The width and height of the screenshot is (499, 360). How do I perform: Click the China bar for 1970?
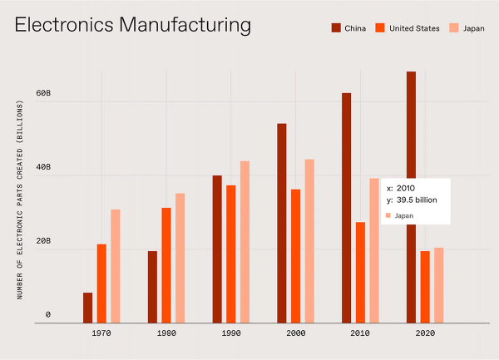pos(87,307)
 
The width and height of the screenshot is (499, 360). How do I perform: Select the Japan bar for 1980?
pos(180,257)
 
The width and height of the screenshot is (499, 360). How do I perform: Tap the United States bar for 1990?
pos(230,253)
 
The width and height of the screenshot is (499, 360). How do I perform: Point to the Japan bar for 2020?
pos(438,284)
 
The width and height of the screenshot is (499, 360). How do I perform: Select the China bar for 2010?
pos(346,207)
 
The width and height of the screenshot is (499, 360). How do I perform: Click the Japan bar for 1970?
pos(116,265)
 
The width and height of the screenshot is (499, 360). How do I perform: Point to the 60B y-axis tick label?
pos(43,94)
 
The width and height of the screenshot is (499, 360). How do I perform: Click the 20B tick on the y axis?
pos(43,241)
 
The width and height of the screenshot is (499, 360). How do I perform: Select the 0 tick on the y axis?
pos(48,314)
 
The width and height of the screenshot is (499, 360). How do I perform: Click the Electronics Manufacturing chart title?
pos(133,25)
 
